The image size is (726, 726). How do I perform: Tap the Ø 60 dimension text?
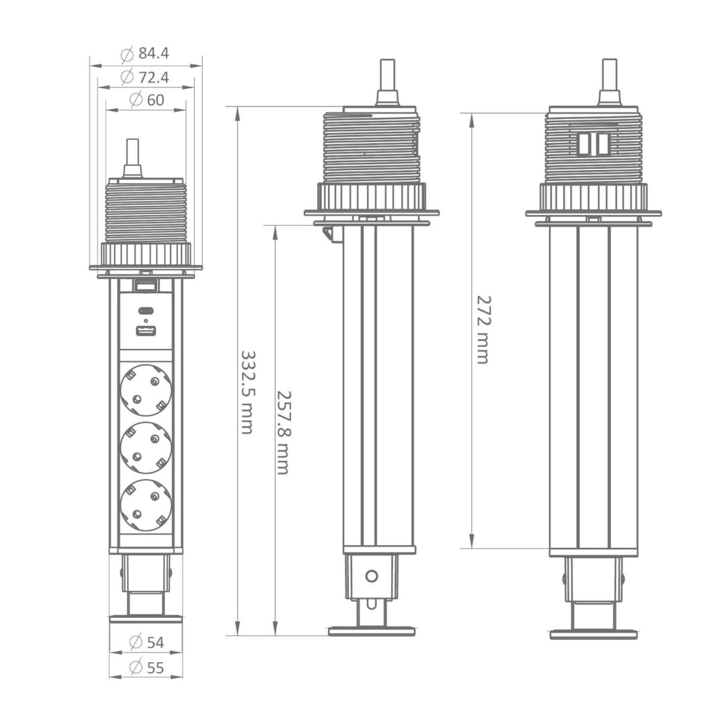[147, 99]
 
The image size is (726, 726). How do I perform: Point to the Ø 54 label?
[147, 642]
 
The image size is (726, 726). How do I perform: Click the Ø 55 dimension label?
[147, 668]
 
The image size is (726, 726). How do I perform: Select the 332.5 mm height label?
[248, 392]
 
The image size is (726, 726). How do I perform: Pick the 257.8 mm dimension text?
[284, 432]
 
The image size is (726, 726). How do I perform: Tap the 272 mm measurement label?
[483, 329]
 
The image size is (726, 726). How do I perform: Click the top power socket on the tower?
[146, 389]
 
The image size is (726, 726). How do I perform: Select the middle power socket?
[146, 447]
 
